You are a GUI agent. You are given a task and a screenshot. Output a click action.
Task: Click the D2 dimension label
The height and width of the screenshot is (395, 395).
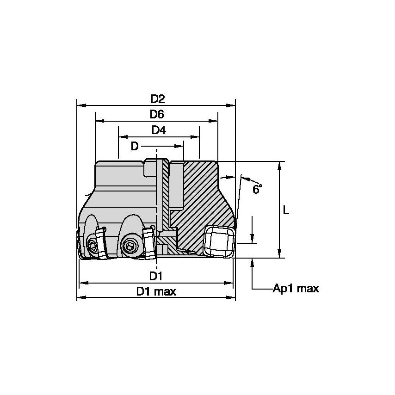click(158, 99)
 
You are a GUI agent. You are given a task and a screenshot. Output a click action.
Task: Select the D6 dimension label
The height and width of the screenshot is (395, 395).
click(157, 114)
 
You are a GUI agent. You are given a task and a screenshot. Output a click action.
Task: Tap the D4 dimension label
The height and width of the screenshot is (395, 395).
click(159, 130)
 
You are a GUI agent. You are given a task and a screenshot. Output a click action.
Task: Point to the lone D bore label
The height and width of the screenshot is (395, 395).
click(134, 146)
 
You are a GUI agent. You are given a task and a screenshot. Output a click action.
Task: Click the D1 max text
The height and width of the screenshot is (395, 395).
click(156, 291)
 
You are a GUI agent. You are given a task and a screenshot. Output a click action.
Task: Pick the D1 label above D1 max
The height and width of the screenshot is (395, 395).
click(156, 276)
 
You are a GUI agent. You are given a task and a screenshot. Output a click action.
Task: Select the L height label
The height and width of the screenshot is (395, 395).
click(286, 210)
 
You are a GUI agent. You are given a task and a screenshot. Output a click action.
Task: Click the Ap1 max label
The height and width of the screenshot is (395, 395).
click(296, 289)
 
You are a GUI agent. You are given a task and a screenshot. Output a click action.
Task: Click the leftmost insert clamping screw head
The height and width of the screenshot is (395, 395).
click(94, 247)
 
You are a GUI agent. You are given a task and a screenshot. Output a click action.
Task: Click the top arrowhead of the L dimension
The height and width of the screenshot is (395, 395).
click(279, 166)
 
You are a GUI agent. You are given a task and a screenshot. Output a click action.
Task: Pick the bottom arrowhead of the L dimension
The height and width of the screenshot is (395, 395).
click(279, 253)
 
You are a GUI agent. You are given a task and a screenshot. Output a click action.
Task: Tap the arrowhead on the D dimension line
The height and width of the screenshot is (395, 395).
click(180, 146)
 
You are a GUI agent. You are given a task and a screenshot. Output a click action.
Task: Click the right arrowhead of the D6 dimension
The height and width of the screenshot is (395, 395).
click(213, 121)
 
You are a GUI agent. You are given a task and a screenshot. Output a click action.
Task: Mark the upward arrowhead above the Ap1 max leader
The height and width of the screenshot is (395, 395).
click(253, 262)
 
